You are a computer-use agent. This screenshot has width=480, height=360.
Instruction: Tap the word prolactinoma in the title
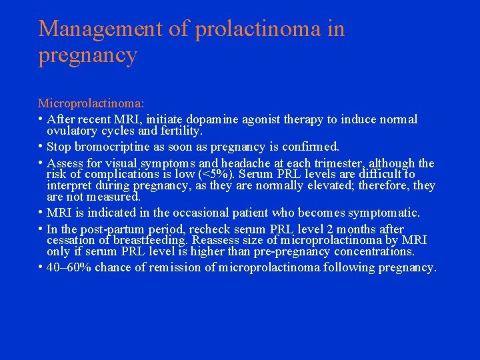tap(252, 30)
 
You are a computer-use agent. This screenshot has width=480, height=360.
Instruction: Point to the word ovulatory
tap(71, 131)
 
